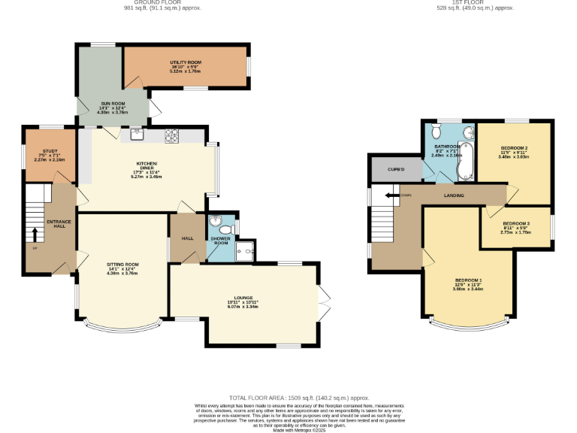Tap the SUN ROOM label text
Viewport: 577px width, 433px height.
pyautogui.click(x=113, y=104)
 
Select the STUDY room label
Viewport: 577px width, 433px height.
pyautogui.click(x=50, y=151)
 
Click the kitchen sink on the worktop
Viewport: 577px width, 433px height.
pyautogui.click(x=137, y=135)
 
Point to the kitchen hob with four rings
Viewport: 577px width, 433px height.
pyautogui.click(x=171, y=135)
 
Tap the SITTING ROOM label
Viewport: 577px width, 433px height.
pyautogui.click(x=122, y=265)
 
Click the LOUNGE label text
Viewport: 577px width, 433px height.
pyautogui.click(x=242, y=298)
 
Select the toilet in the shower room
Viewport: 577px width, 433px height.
pyautogui.click(x=217, y=223)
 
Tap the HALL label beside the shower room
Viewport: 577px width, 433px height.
pyautogui.click(x=187, y=238)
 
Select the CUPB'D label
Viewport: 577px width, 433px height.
pyautogui.click(x=397, y=169)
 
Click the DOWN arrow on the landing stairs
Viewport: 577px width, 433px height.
pyautogui.click(x=393, y=195)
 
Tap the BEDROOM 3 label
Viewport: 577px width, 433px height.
pyautogui.click(x=516, y=224)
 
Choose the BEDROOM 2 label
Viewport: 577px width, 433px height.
pyautogui.click(x=515, y=148)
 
